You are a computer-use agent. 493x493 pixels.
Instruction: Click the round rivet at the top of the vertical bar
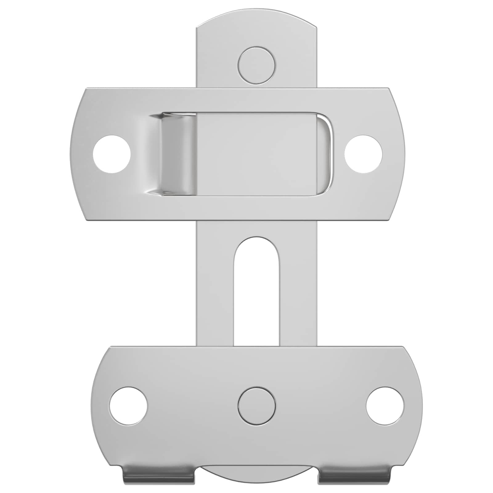[257, 65]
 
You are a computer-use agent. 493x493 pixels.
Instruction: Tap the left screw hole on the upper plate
[112, 154]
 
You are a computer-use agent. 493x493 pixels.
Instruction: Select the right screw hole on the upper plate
[363, 154]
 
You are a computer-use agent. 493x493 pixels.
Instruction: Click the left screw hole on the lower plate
[128, 405]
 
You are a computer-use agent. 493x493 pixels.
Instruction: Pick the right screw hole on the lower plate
[385, 405]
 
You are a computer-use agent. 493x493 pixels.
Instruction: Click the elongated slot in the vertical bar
[257, 290]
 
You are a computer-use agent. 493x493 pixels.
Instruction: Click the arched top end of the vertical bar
[257, 25]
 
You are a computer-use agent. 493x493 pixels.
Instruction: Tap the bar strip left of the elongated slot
[215, 290]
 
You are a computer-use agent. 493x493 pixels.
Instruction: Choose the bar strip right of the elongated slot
[298, 290]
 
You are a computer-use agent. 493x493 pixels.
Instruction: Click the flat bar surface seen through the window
[259, 154]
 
